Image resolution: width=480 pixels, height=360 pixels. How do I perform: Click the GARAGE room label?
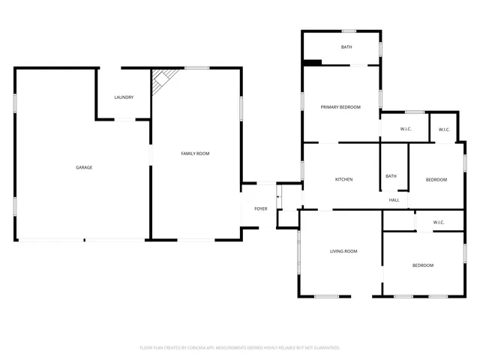[x=84, y=167]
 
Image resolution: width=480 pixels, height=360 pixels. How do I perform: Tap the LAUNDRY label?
[x=124, y=97]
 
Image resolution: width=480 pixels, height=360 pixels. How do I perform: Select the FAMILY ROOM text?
[x=195, y=153]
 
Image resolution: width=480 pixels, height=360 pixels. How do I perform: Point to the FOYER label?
[x=260, y=208]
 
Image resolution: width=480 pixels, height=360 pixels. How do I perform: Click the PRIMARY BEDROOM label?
[x=340, y=107]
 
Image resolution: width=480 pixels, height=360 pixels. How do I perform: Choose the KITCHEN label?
[x=343, y=179]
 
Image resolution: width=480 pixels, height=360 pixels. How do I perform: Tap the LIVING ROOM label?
[x=343, y=251]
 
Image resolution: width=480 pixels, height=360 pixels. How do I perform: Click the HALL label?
[x=394, y=200]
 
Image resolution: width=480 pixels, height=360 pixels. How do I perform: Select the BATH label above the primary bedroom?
[x=346, y=47]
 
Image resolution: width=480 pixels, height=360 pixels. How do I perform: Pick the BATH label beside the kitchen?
[x=391, y=176]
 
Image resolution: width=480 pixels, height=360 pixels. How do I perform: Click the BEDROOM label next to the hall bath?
[x=436, y=179]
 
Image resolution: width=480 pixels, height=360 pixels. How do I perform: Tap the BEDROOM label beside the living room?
[x=422, y=265]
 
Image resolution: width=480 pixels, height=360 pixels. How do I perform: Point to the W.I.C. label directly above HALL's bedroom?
[x=444, y=129]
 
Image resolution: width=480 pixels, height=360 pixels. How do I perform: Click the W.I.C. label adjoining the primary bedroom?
[x=406, y=129]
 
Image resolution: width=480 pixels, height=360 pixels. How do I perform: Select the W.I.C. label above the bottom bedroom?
[x=439, y=222]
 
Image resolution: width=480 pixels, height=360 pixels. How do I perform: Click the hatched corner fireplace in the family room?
[x=163, y=79]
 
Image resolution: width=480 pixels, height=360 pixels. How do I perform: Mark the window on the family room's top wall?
[x=196, y=68]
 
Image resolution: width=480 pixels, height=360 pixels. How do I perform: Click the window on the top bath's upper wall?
[x=349, y=31]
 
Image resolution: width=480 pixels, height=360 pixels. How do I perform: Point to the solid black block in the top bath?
[x=313, y=62]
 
